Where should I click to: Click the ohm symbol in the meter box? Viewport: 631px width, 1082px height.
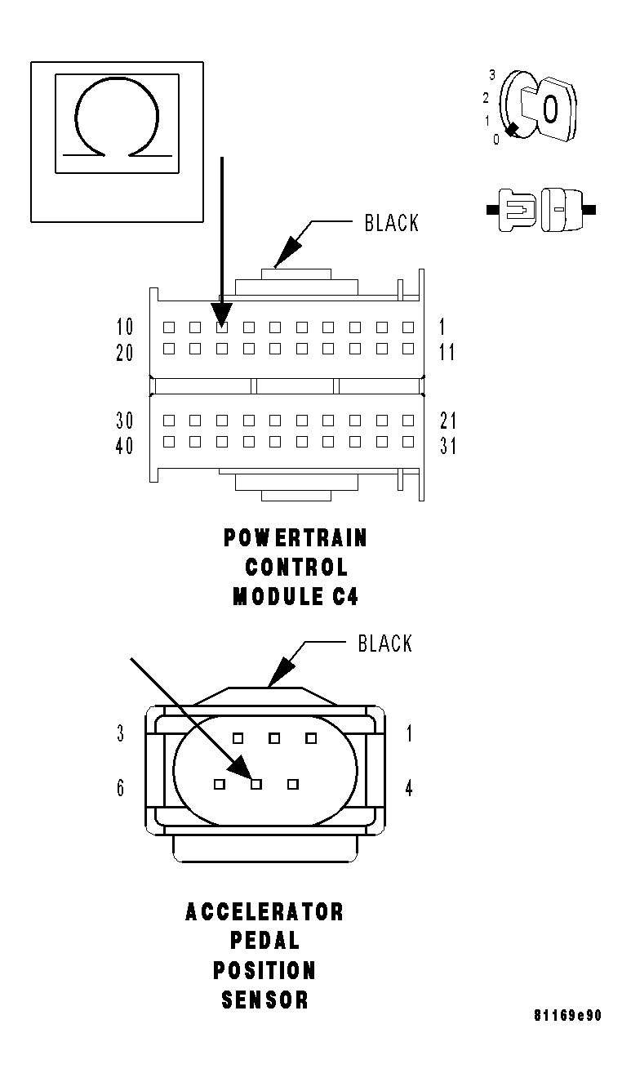[116, 120]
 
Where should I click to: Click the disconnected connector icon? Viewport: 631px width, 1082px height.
[540, 210]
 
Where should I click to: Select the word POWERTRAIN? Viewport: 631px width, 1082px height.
[296, 538]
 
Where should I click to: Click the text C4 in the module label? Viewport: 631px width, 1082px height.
[344, 597]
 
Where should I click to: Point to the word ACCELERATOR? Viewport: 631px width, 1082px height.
[264, 911]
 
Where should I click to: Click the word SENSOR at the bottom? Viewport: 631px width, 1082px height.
[264, 1000]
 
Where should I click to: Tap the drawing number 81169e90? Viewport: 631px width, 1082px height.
[568, 1016]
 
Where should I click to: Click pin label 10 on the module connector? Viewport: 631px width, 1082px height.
[125, 327]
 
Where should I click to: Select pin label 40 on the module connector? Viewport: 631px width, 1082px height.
[125, 447]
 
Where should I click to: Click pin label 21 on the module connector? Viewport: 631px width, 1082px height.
[448, 421]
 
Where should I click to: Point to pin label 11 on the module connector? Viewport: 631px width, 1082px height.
[447, 353]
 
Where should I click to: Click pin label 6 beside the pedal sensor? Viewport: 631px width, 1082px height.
[120, 788]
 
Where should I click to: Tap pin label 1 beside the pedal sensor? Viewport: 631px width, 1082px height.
[409, 733]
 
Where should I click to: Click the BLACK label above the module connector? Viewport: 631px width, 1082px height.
[391, 223]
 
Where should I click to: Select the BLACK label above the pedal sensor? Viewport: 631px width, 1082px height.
[385, 643]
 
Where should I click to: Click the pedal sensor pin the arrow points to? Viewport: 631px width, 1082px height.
[256, 785]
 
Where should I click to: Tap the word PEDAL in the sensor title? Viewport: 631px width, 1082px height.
[264, 941]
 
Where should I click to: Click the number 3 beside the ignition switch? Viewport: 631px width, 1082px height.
[492, 74]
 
